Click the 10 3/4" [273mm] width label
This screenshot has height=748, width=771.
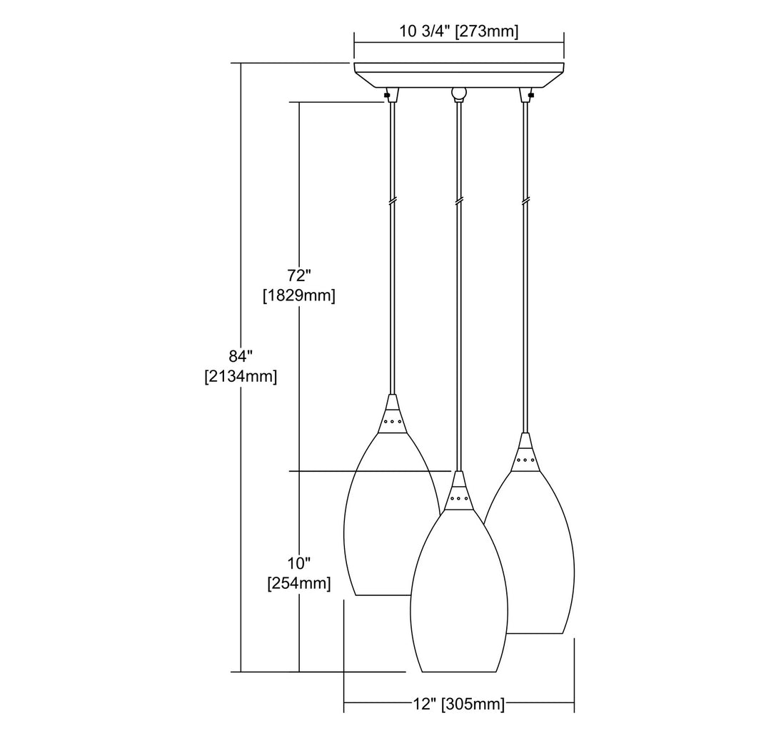[459, 32]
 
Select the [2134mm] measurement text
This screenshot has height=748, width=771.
[241, 376]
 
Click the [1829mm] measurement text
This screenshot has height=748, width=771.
[299, 296]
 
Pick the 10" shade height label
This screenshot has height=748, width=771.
[299, 562]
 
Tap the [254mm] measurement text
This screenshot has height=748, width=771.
[299, 584]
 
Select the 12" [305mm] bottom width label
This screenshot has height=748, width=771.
[459, 704]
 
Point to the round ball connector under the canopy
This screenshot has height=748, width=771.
[459, 93]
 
